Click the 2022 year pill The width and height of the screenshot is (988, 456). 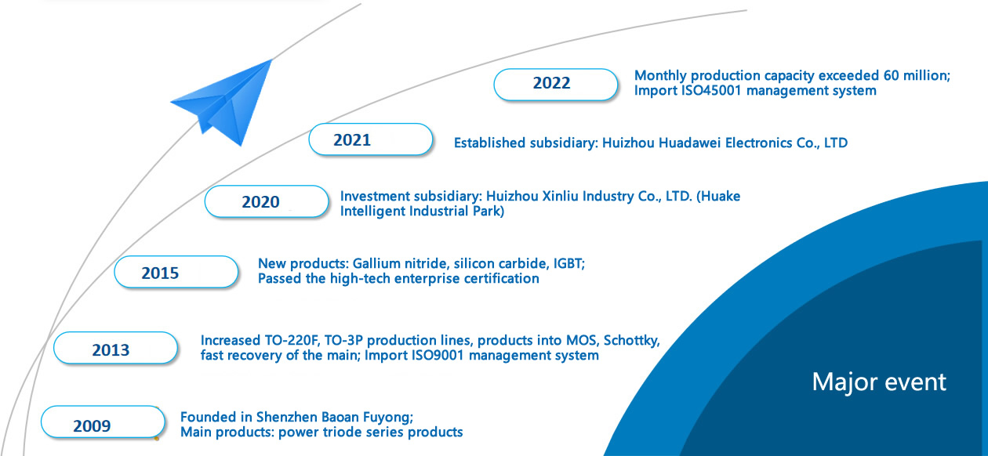click(x=555, y=85)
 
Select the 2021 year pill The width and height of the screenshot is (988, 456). click(x=370, y=139)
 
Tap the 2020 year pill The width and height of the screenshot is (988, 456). click(x=267, y=201)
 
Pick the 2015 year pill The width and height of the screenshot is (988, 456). click(x=176, y=272)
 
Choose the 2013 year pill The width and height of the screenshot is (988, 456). click(x=115, y=348)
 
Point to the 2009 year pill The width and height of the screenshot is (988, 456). click(x=103, y=422)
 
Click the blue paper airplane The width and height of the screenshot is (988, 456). click(x=221, y=102)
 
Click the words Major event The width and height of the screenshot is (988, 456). click(x=879, y=382)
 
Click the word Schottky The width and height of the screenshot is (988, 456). click(x=630, y=341)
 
